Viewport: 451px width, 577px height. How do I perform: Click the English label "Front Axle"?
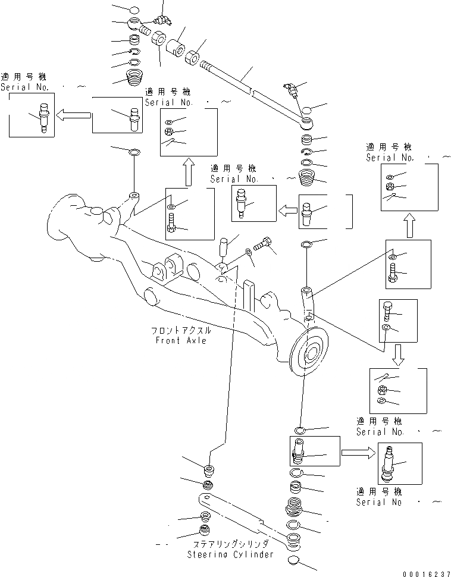point(181,340)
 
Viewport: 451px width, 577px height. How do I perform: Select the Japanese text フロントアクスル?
point(181,330)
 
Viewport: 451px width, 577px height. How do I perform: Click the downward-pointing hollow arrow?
point(398,356)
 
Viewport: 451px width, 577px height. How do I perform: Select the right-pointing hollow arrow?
point(359,453)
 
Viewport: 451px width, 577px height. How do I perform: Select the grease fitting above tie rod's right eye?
point(292,91)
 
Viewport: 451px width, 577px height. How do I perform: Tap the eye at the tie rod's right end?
point(306,123)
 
